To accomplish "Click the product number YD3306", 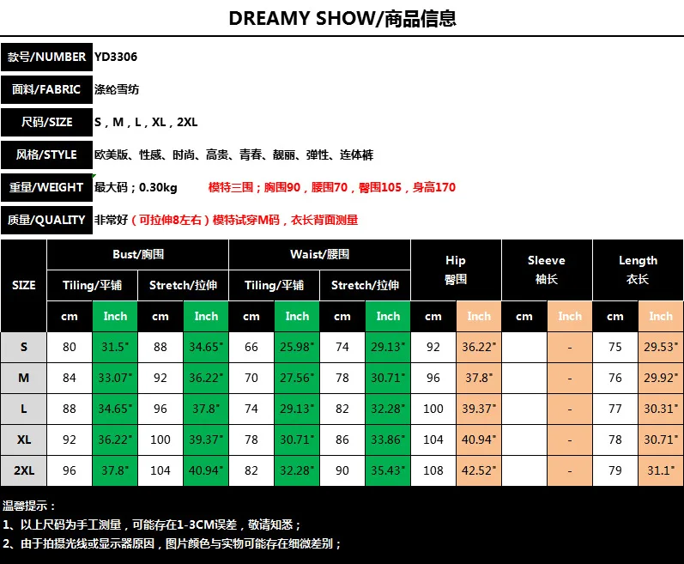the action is (x=116, y=57).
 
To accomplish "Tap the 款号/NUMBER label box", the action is (x=46, y=57).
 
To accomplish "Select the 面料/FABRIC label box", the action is (x=46, y=89).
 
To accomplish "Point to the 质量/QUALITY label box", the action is (x=46, y=220).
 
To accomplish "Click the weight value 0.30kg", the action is (x=158, y=187).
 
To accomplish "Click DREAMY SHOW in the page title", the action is (x=301, y=18).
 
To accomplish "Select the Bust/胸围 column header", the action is (x=138, y=254).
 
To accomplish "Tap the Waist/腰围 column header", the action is (x=320, y=254).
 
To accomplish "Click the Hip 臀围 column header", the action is (x=456, y=270).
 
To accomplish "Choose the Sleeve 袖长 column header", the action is (x=547, y=270).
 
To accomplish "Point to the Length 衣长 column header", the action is (x=638, y=270).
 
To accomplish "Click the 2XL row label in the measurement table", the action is (x=23, y=470).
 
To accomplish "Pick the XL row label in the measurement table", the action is (x=23, y=440).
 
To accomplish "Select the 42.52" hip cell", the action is (x=479, y=470).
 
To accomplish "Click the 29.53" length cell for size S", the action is (x=661, y=347).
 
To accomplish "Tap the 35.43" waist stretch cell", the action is (x=388, y=470).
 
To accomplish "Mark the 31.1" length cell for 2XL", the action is (x=661, y=470).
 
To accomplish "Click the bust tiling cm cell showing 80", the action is (x=70, y=347).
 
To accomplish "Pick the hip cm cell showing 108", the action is (x=433, y=470).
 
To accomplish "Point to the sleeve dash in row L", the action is (x=570, y=409).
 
